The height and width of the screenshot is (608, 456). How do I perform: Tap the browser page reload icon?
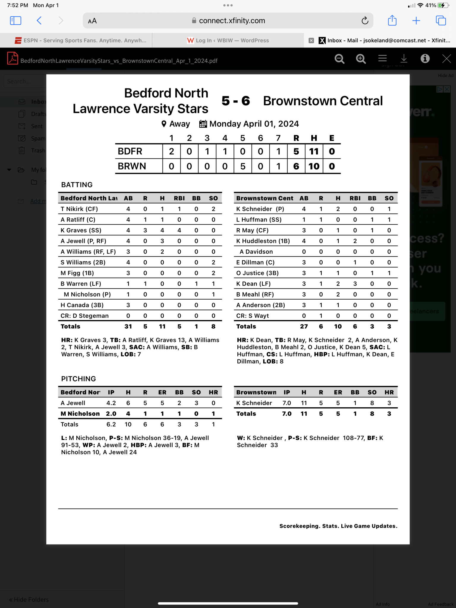tap(365, 20)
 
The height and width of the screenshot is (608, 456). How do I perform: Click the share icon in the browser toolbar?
tap(392, 20)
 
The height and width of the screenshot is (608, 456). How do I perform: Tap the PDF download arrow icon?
tap(404, 58)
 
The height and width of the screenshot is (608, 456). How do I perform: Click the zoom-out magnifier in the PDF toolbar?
tap(339, 59)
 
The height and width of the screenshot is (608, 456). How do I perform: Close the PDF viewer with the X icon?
tap(446, 58)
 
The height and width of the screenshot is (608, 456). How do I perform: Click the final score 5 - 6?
tap(236, 101)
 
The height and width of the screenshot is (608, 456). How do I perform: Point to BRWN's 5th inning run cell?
tap(243, 166)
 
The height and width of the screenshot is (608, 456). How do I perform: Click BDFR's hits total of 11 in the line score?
tap(314, 151)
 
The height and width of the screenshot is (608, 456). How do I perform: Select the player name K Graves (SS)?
tap(81, 230)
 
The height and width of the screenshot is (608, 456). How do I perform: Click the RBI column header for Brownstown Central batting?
tap(355, 198)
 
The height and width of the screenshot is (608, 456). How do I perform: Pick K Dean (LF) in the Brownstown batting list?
tap(253, 284)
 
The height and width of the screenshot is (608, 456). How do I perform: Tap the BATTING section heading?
tap(77, 185)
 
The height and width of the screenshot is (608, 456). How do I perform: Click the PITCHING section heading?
tap(78, 379)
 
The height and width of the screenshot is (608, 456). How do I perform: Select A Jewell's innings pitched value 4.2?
tap(111, 403)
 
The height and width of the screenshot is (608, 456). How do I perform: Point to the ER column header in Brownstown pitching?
tap(338, 392)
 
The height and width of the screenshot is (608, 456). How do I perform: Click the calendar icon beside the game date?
tap(203, 124)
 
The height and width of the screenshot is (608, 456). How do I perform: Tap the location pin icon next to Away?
tap(164, 124)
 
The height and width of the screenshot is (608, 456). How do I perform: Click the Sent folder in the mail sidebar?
tap(37, 126)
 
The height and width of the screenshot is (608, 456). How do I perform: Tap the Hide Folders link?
tap(29, 599)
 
